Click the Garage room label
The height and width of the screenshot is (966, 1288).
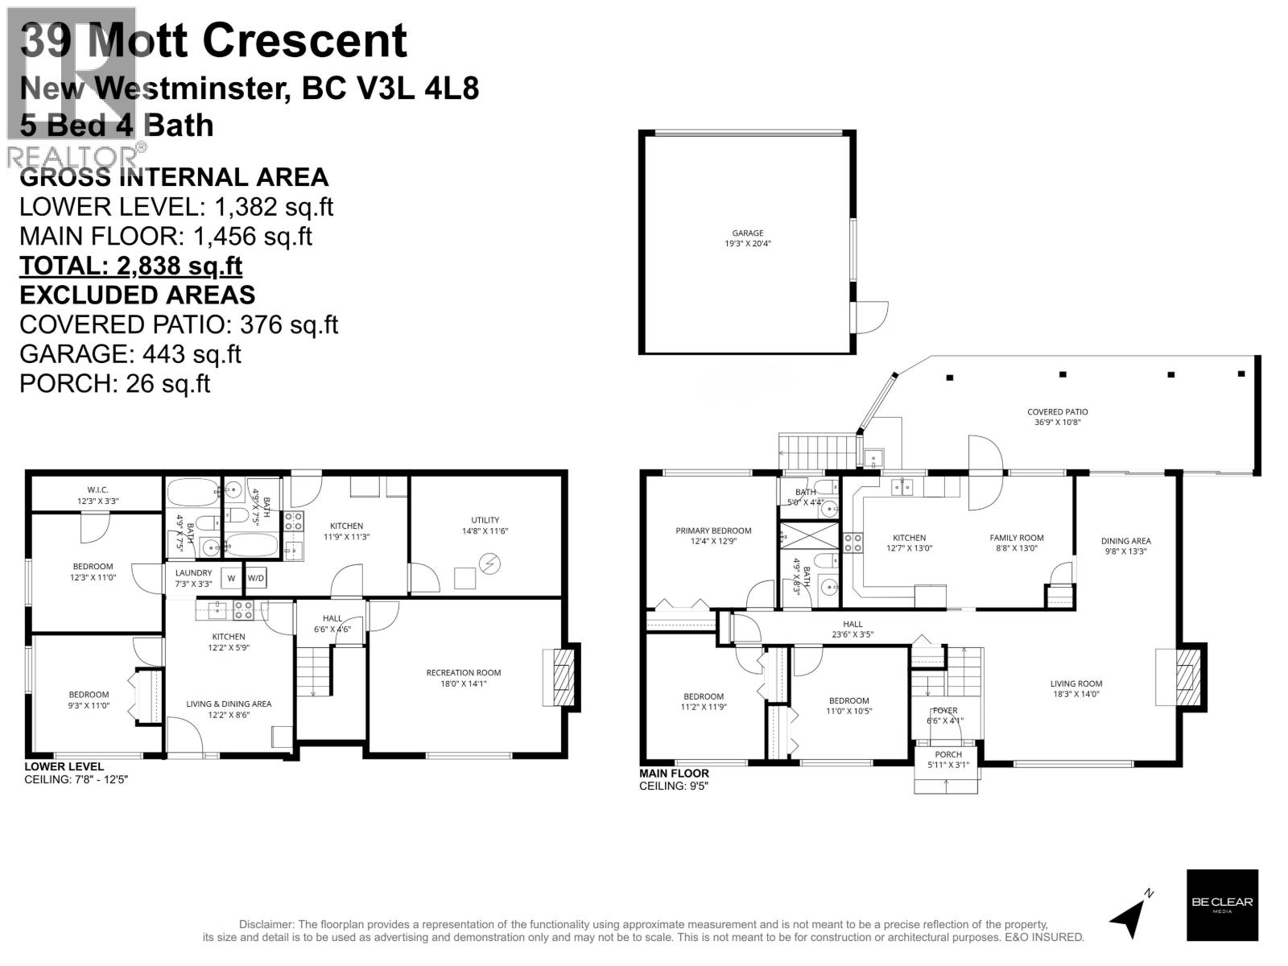[748, 238]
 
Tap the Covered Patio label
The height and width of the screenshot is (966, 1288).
[1057, 416]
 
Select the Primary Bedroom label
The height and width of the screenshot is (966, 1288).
[712, 535]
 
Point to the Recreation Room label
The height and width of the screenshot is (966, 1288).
[463, 678]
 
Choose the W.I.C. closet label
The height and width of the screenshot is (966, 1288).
[97, 495]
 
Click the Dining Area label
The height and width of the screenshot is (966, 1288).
[1125, 546]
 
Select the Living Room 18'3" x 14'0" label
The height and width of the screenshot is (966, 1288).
[1075, 688]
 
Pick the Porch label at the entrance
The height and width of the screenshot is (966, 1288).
[947, 759]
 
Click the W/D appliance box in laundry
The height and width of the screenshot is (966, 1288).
[255, 578]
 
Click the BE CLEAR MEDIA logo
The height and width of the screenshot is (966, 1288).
[1221, 905]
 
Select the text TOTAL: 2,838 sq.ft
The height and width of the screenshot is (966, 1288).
[130, 266]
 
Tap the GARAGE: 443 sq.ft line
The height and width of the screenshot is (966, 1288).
[130, 353]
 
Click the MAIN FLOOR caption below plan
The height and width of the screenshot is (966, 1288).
[674, 774]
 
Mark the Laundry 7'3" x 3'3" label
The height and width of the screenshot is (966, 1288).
[193, 578]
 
